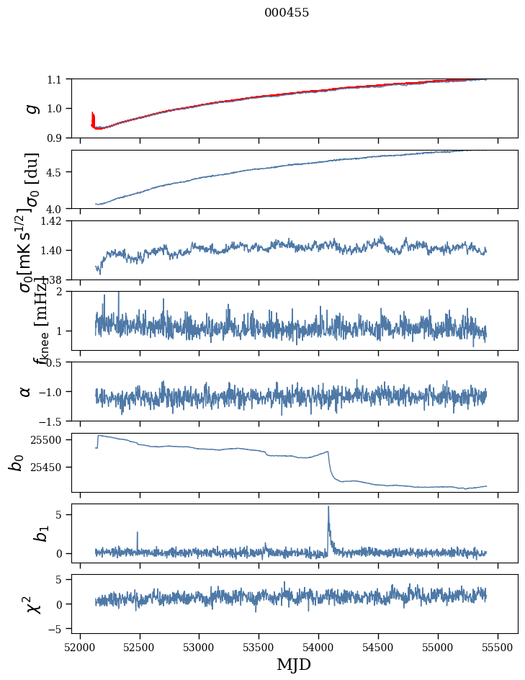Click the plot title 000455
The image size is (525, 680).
click(x=287, y=12)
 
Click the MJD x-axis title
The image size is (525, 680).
click(x=294, y=664)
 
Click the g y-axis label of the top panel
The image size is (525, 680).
click(x=30, y=108)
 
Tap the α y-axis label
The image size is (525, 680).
click(x=25, y=391)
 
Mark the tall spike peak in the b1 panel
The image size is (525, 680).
click(x=328, y=506)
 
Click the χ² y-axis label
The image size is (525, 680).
click(x=32, y=604)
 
